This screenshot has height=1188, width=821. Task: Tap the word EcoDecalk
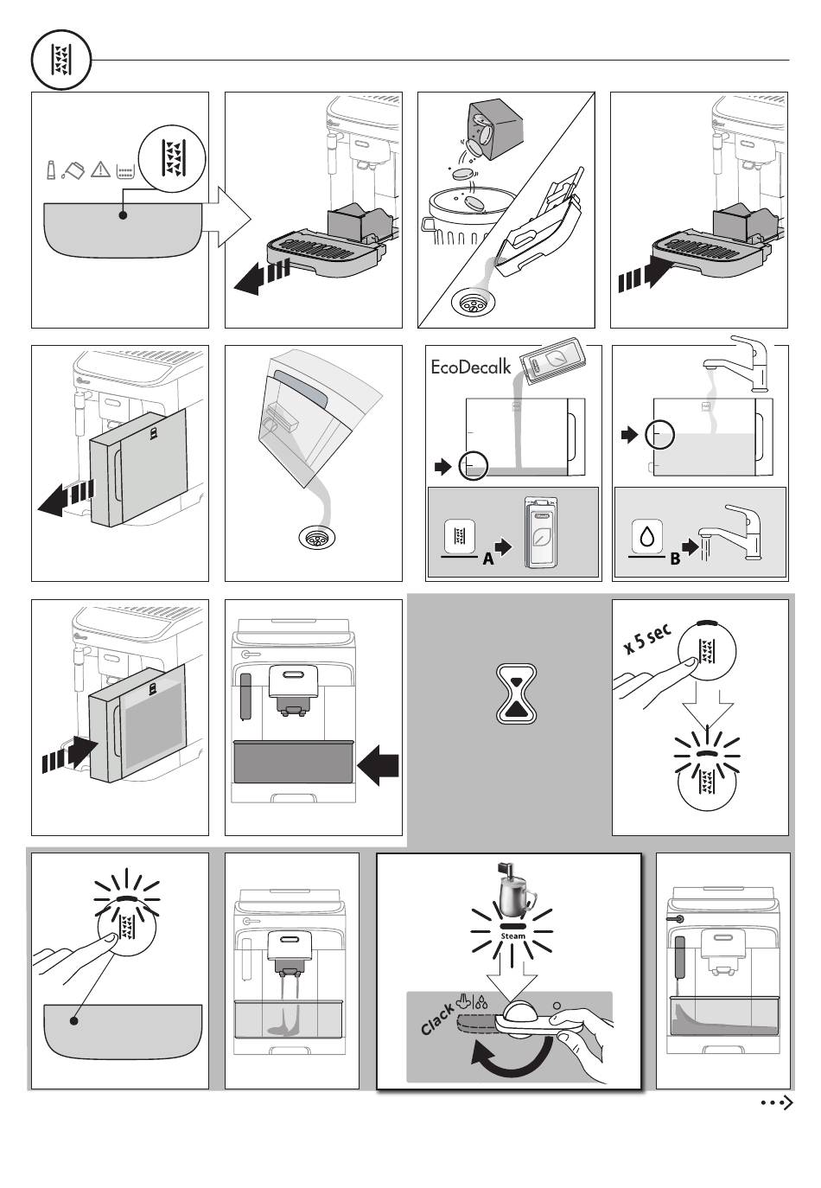(471, 367)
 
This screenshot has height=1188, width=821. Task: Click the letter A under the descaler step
(488, 559)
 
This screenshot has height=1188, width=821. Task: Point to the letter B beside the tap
(675, 559)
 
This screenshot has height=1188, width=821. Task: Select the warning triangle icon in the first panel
(101, 169)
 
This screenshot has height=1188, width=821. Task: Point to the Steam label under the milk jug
(512, 936)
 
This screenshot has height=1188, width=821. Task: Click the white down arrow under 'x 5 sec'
(707, 709)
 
